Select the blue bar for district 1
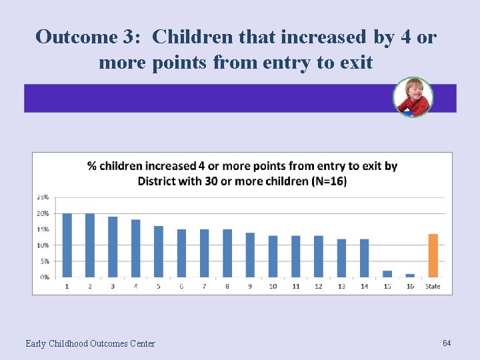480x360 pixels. click(x=67, y=245)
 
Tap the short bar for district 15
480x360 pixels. click(x=387, y=273)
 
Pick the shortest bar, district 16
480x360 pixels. click(x=410, y=275)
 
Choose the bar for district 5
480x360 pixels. click(x=159, y=251)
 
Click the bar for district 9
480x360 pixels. click(x=250, y=255)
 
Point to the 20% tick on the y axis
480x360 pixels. click(x=42, y=213)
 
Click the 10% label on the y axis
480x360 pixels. click(x=42, y=245)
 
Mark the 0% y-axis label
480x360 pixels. click(x=43, y=277)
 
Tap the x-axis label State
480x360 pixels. click(x=433, y=287)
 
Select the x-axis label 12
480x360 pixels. click(x=319, y=287)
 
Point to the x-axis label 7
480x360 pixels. click(x=204, y=287)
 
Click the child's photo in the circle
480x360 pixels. click(x=413, y=97)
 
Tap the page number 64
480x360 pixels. click(x=447, y=343)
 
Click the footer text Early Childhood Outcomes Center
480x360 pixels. click(x=90, y=343)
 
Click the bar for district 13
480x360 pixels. click(x=341, y=257)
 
